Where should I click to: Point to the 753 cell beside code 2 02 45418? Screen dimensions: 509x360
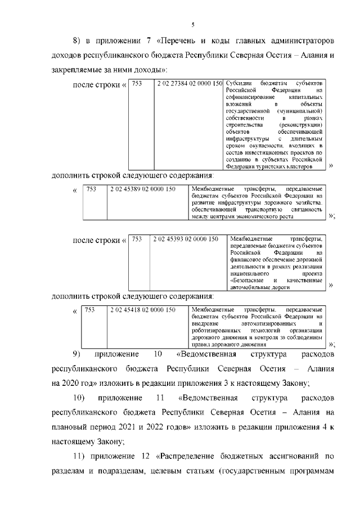click(x=90, y=310)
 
